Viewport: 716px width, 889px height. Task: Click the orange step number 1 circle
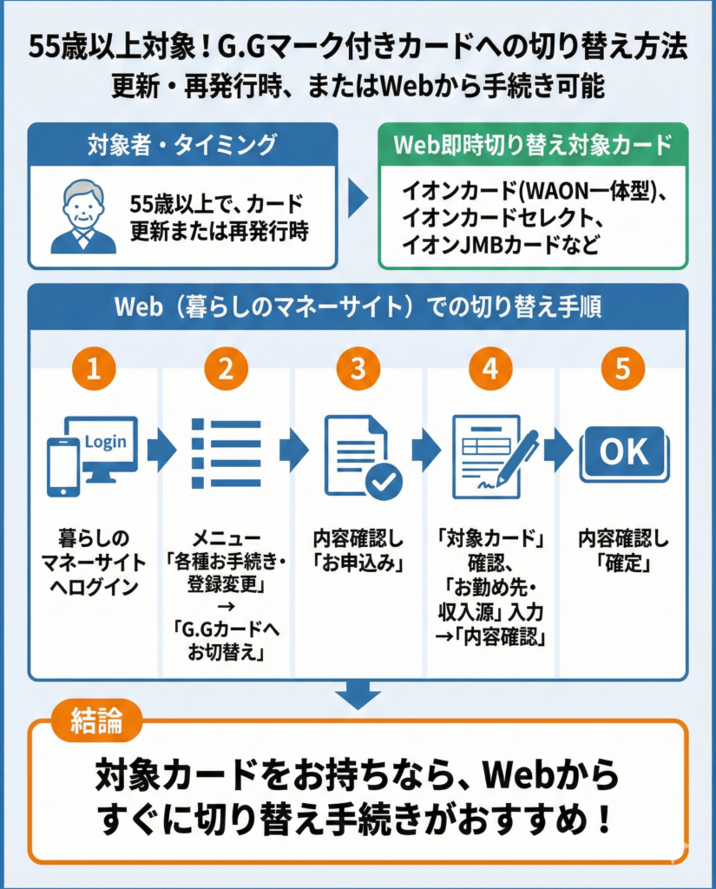pos(95,368)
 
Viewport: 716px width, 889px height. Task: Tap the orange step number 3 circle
pos(358,368)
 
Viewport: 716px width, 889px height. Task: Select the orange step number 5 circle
pos(622,368)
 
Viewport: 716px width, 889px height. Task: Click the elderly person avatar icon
pos(82,217)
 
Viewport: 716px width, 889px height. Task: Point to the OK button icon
pos(625,453)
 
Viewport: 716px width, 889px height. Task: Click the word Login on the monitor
pos(104,441)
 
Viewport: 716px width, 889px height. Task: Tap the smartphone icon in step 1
pos(63,465)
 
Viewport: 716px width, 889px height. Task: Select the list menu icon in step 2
pos(226,451)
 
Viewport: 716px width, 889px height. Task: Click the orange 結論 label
pos(96,721)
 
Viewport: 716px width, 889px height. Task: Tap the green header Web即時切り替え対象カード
pos(533,144)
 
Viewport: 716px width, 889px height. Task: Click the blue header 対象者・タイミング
pos(182,144)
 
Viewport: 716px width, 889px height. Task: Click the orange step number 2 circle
pos(227,368)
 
